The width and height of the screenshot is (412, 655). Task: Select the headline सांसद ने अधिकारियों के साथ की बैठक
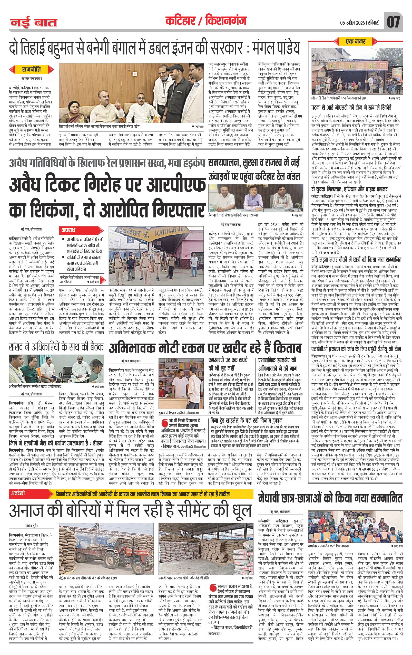click(x=56, y=348)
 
